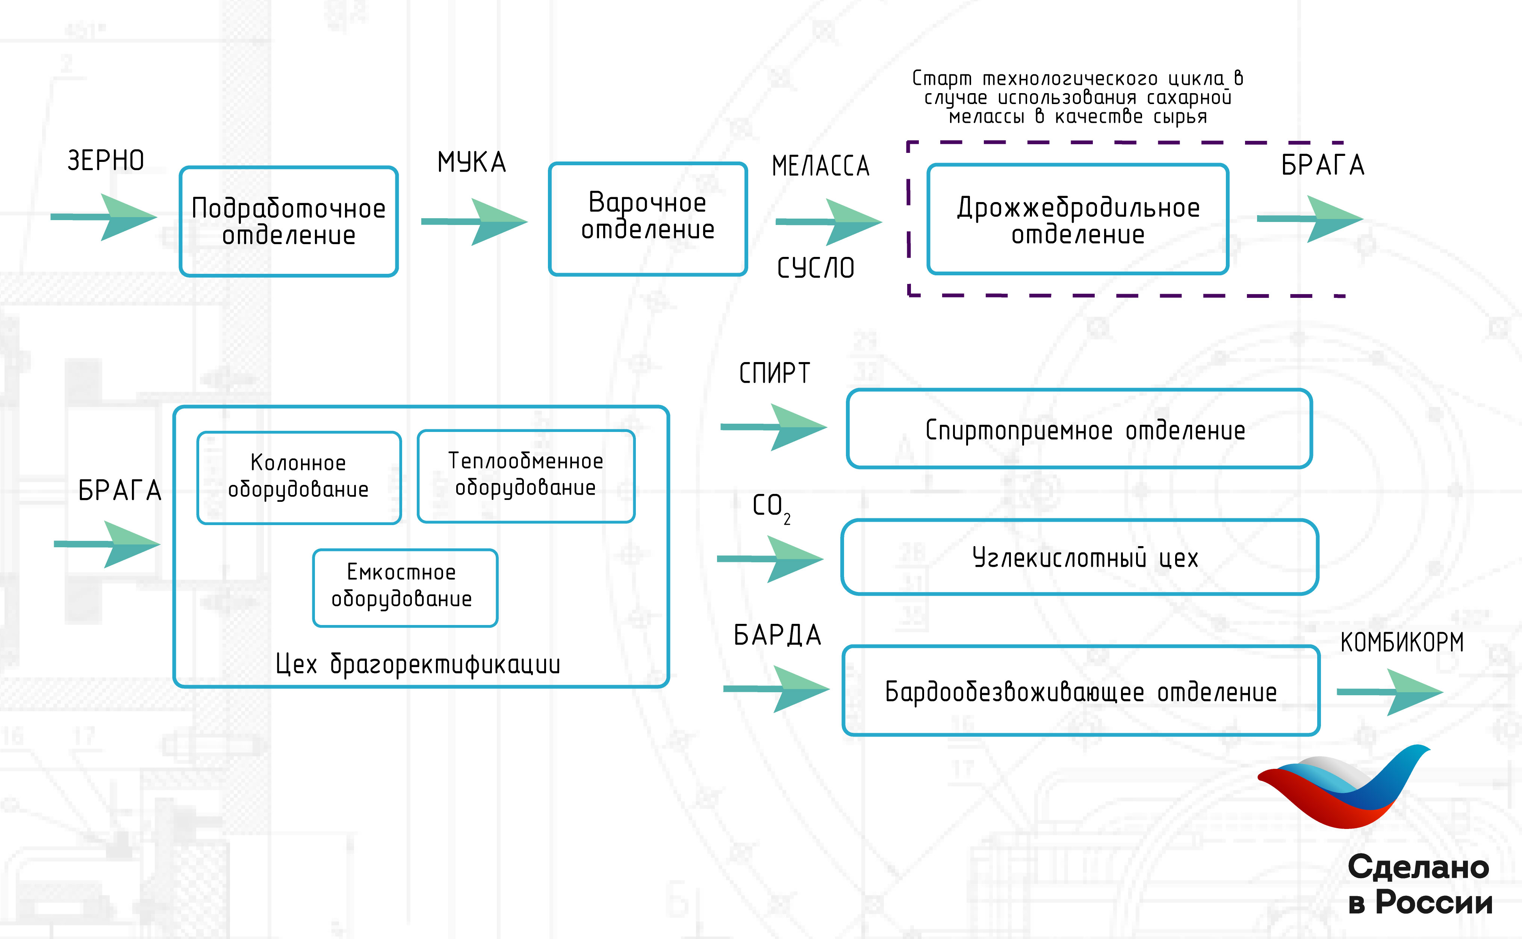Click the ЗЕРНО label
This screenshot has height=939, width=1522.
(x=106, y=161)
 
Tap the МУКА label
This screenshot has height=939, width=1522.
(x=472, y=162)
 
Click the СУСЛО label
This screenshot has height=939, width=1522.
(x=815, y=268)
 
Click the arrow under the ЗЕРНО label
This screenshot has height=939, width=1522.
(x=104, y=217)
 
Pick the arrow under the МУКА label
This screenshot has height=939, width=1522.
(x=475, y=222)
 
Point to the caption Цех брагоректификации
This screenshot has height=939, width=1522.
(x=418, y=664)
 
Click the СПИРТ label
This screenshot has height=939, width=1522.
(x=775, y=373)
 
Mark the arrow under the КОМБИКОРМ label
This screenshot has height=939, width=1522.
(x=1390, y=692)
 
